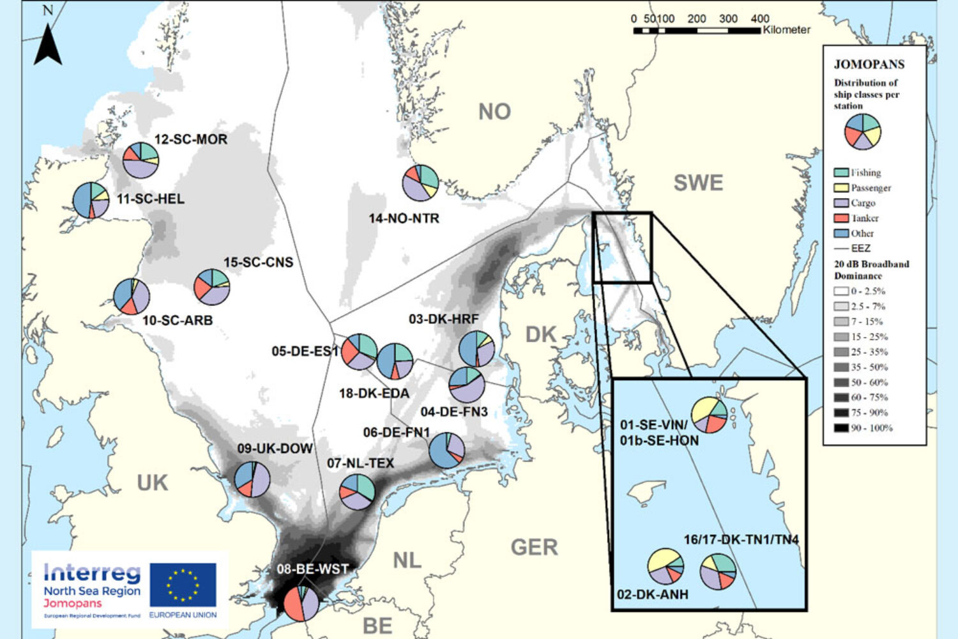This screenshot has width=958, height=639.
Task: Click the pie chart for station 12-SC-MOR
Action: pos(141,160)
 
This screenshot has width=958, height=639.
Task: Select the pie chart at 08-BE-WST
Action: pos(301,603)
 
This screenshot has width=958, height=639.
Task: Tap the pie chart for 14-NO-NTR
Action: pos(420,183)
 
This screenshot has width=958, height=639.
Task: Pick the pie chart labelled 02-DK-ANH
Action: pos(665,566)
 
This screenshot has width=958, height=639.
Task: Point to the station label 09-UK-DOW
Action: pos(275,449)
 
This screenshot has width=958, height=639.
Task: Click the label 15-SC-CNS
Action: pos(258,263)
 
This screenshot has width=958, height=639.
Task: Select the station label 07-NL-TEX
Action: pos(360,463)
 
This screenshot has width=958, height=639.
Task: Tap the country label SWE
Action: pos(698,183)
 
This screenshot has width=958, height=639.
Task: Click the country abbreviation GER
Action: pos(534,548)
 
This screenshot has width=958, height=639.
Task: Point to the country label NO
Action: pos(494,112)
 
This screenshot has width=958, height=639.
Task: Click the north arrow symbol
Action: pos(48,45)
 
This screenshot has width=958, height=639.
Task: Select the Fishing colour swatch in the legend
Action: pos(841,173)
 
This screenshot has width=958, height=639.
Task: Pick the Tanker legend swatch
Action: pos(841,219)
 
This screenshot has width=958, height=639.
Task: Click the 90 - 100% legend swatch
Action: pos(841,428)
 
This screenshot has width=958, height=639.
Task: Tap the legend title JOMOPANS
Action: pos(869,65)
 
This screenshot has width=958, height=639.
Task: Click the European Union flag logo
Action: pos(183,585)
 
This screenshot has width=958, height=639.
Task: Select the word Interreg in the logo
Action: pos(92,573)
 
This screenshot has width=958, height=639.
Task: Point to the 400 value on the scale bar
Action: pos(759,19)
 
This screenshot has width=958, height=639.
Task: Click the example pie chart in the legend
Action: pos(862,132)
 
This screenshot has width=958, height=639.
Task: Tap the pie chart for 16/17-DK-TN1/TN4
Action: pos(718,571)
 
